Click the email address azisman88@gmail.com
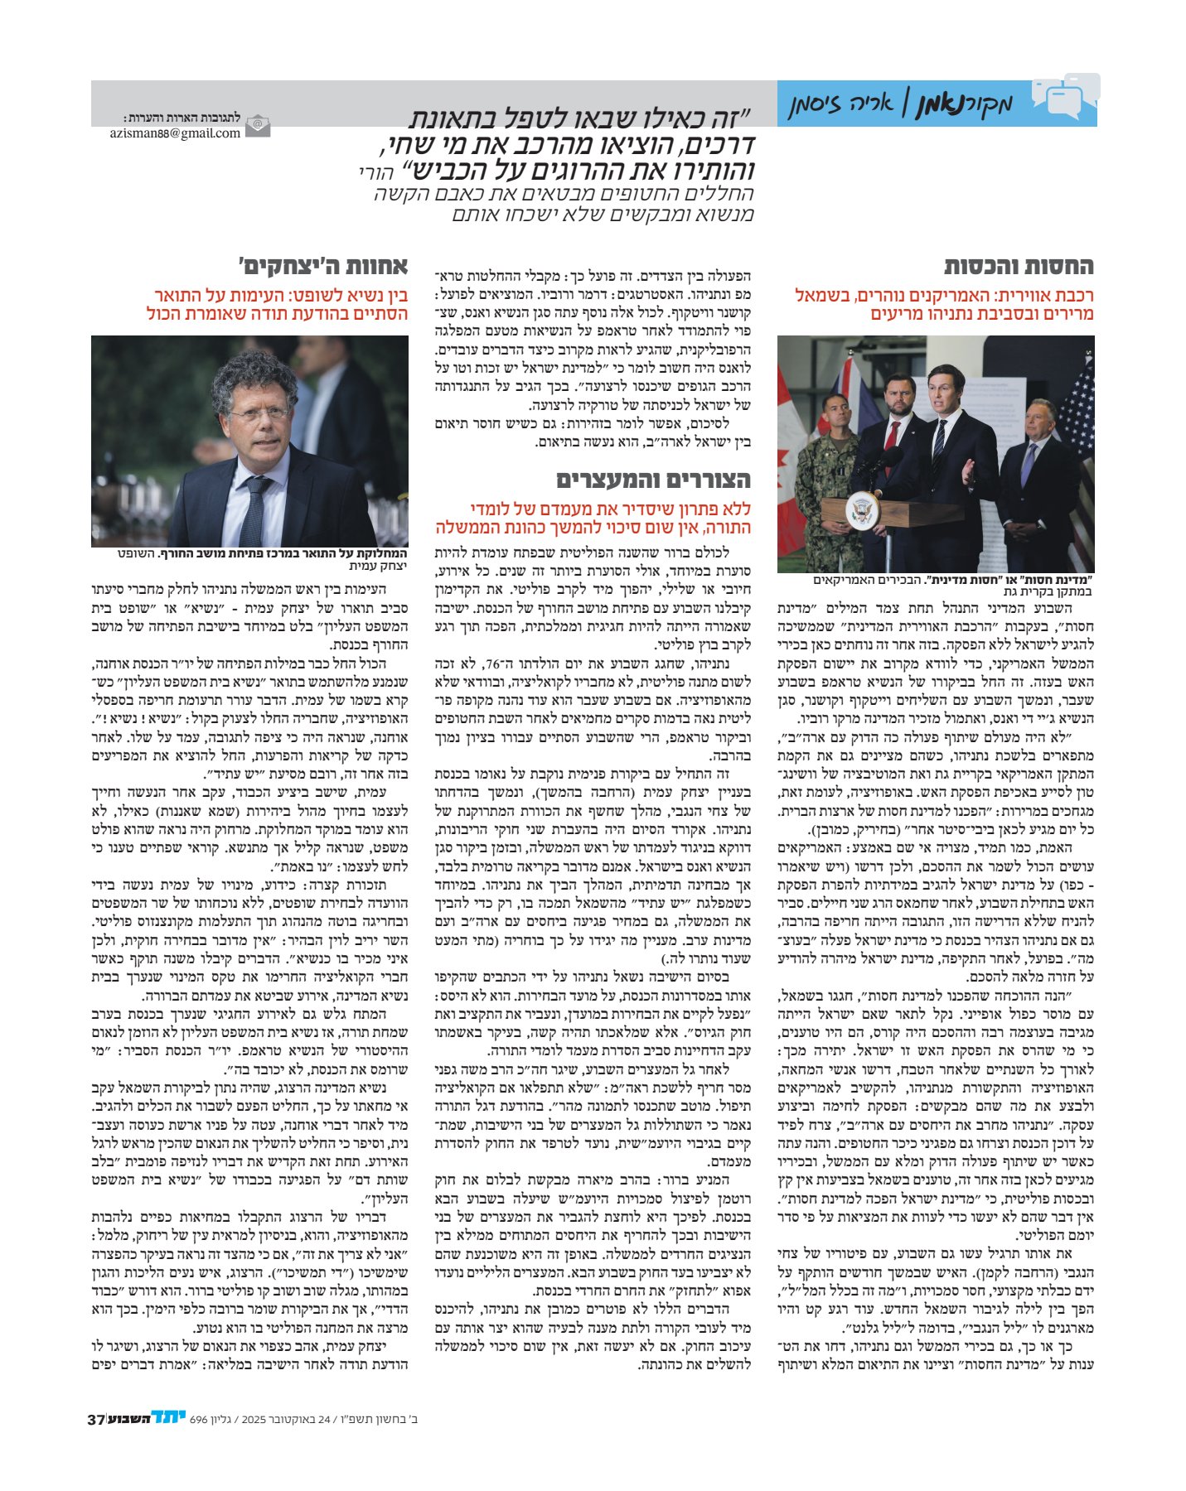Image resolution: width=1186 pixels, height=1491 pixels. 175,133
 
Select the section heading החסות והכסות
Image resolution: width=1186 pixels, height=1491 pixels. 1019,267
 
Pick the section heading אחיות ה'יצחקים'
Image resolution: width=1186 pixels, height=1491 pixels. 323,267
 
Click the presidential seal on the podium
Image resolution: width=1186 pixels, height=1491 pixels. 864,509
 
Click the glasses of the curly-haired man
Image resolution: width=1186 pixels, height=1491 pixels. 259,413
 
